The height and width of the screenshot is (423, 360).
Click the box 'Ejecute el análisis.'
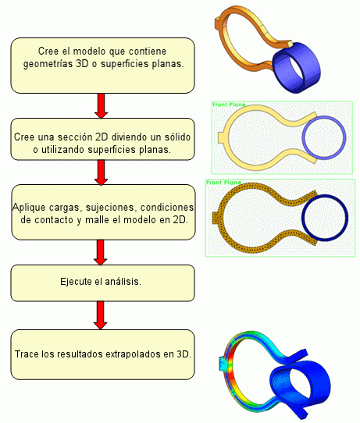pyautogui.click(x=102, y=283)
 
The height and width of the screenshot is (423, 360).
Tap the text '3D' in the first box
pyautogui.click(x=83, y=64)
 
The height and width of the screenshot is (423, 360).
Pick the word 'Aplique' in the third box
pyautogui.click(x=29, y=207)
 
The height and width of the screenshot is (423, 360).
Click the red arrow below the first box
pyautogui.click(x=102, y=106)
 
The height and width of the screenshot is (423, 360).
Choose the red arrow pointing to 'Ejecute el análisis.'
pyautogui.click(x=101, y=253)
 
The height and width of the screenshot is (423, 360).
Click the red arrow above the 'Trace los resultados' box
pyautogui.click(x=101, y=315)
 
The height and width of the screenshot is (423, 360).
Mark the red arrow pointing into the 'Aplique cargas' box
pyautogui.click(x=102, y=172)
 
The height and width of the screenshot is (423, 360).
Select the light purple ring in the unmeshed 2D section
pyautogui.click(x=324, y=118)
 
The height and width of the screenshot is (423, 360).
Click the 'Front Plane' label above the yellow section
pyautogui.click(x=229, y=105)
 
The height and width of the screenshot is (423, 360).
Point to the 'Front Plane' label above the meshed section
pyautogui.click(x=223, y=183)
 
